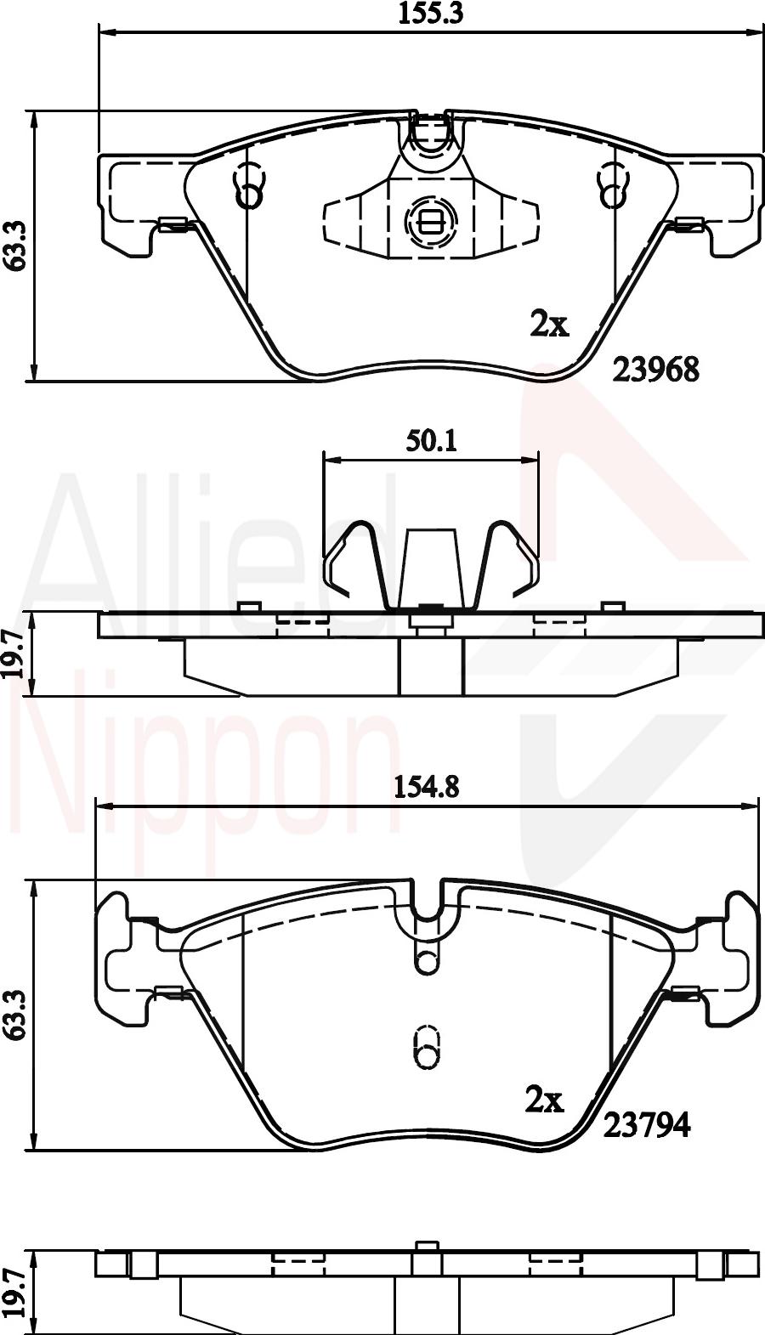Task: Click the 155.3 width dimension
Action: pos(430,14)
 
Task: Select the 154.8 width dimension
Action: pos(426,788)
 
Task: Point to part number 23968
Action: pos(656,371)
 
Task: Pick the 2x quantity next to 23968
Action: pos(550,325)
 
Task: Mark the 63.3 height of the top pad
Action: pos(15,246)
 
